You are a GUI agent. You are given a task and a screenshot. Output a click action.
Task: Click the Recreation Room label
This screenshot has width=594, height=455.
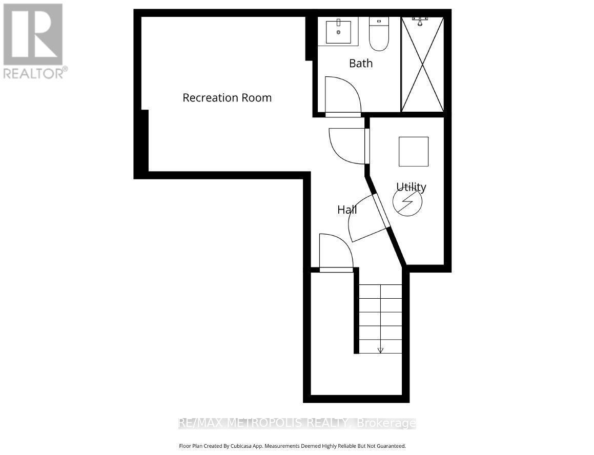point(227,97)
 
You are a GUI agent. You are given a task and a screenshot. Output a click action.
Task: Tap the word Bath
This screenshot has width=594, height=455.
point(361,63)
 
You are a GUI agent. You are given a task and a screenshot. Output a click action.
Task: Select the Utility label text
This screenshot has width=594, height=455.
point(411,187)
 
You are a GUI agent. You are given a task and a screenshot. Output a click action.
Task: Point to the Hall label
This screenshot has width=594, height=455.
point(347,209)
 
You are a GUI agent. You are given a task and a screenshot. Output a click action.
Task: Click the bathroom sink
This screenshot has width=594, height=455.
point(338,31)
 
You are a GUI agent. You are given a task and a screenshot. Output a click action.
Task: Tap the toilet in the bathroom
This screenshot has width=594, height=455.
point(379,35)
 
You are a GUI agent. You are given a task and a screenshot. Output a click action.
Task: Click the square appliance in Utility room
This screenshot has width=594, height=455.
point(414,151)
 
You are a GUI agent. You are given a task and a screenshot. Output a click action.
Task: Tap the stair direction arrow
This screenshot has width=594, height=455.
point(380,350)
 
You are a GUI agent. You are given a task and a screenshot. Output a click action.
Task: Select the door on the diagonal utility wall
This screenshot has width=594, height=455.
point(368,218)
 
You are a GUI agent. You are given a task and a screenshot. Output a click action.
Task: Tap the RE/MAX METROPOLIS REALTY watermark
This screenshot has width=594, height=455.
point(297,423)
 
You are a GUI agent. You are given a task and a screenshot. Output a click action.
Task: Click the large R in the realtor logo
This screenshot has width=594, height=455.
point(33,33)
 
